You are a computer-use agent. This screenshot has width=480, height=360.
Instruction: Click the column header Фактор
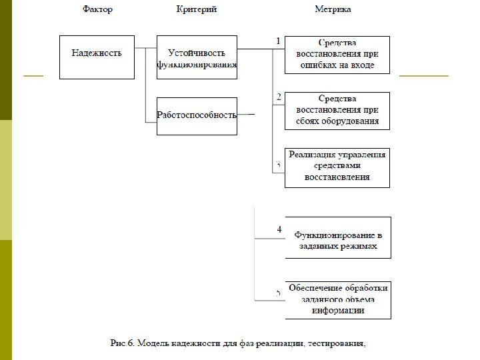[x=98, y=9]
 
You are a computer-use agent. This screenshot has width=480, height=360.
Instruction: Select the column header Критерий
[x=197, y=9]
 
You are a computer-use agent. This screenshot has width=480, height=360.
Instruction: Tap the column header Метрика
[x=333, y=9]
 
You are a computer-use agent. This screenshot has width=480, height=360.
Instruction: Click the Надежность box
[x=97, y=54]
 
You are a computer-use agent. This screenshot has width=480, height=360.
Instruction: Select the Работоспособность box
[x=197, y=115]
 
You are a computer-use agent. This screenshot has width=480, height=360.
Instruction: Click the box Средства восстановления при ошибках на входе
[x=337, y=54]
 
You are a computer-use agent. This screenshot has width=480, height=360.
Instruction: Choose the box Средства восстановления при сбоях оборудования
[x=337, y=110]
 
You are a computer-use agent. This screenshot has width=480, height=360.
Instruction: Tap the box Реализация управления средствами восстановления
[x=337, y=167]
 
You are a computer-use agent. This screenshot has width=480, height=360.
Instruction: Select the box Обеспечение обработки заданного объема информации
[x=337, y=299]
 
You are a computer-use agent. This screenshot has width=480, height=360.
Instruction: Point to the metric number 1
[x=278, y=41]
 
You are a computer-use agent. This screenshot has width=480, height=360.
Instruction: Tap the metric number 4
[x=279, y=229]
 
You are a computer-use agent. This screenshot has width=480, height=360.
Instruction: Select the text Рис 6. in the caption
[x=123, y=344]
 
